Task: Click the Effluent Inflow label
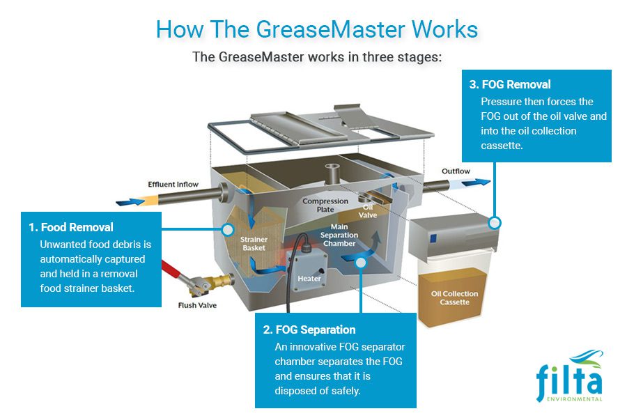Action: coord(173,185)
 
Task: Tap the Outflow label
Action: coord(456,171)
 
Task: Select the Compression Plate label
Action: coord(325,206)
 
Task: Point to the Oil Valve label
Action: coord(368,211)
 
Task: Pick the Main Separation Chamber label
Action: coord(339,235)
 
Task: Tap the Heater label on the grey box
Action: coord(309,279)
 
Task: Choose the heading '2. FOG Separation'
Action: coord(309,330)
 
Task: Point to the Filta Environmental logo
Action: coord(569,376)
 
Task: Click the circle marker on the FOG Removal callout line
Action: coord(495,223)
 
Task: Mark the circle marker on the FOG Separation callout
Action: coord(360,263)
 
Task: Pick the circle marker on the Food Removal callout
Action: coord(226,229)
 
